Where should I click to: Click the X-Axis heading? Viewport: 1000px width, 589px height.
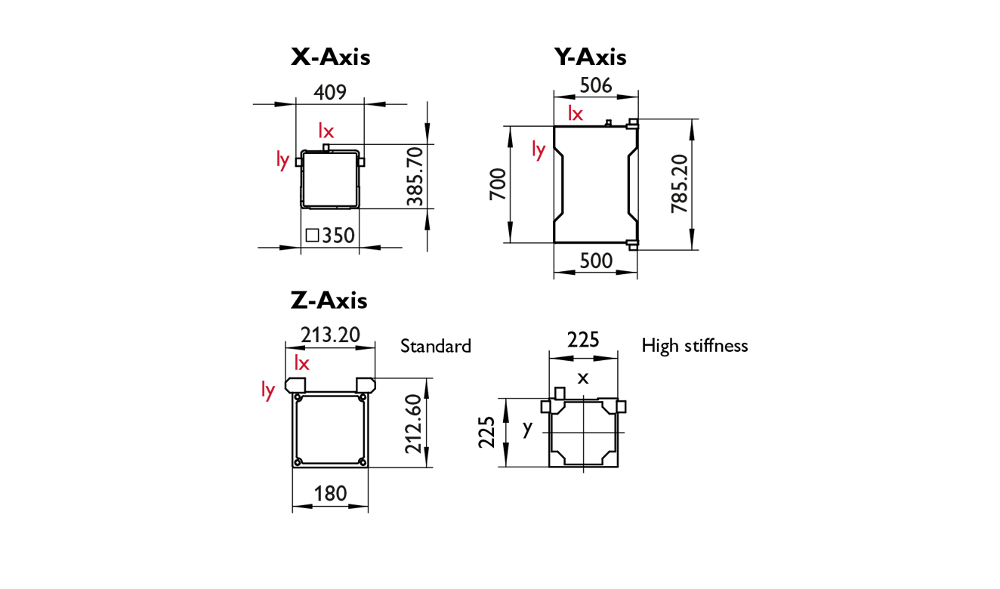tap(330, 57)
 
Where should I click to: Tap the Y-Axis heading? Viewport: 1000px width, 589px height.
tap(590, 57)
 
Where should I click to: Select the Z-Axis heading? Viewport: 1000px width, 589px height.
tap(329, 301)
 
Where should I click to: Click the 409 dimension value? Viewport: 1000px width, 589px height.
tap(330, 92)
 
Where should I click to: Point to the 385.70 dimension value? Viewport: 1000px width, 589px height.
tap(415, 177)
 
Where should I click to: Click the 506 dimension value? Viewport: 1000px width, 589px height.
tap(596, 85)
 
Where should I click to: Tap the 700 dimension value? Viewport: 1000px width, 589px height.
tap(498, 184)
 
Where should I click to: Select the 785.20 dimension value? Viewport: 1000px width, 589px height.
tap(680, 183)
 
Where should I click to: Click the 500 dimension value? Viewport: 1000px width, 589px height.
tap(596, 261)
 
